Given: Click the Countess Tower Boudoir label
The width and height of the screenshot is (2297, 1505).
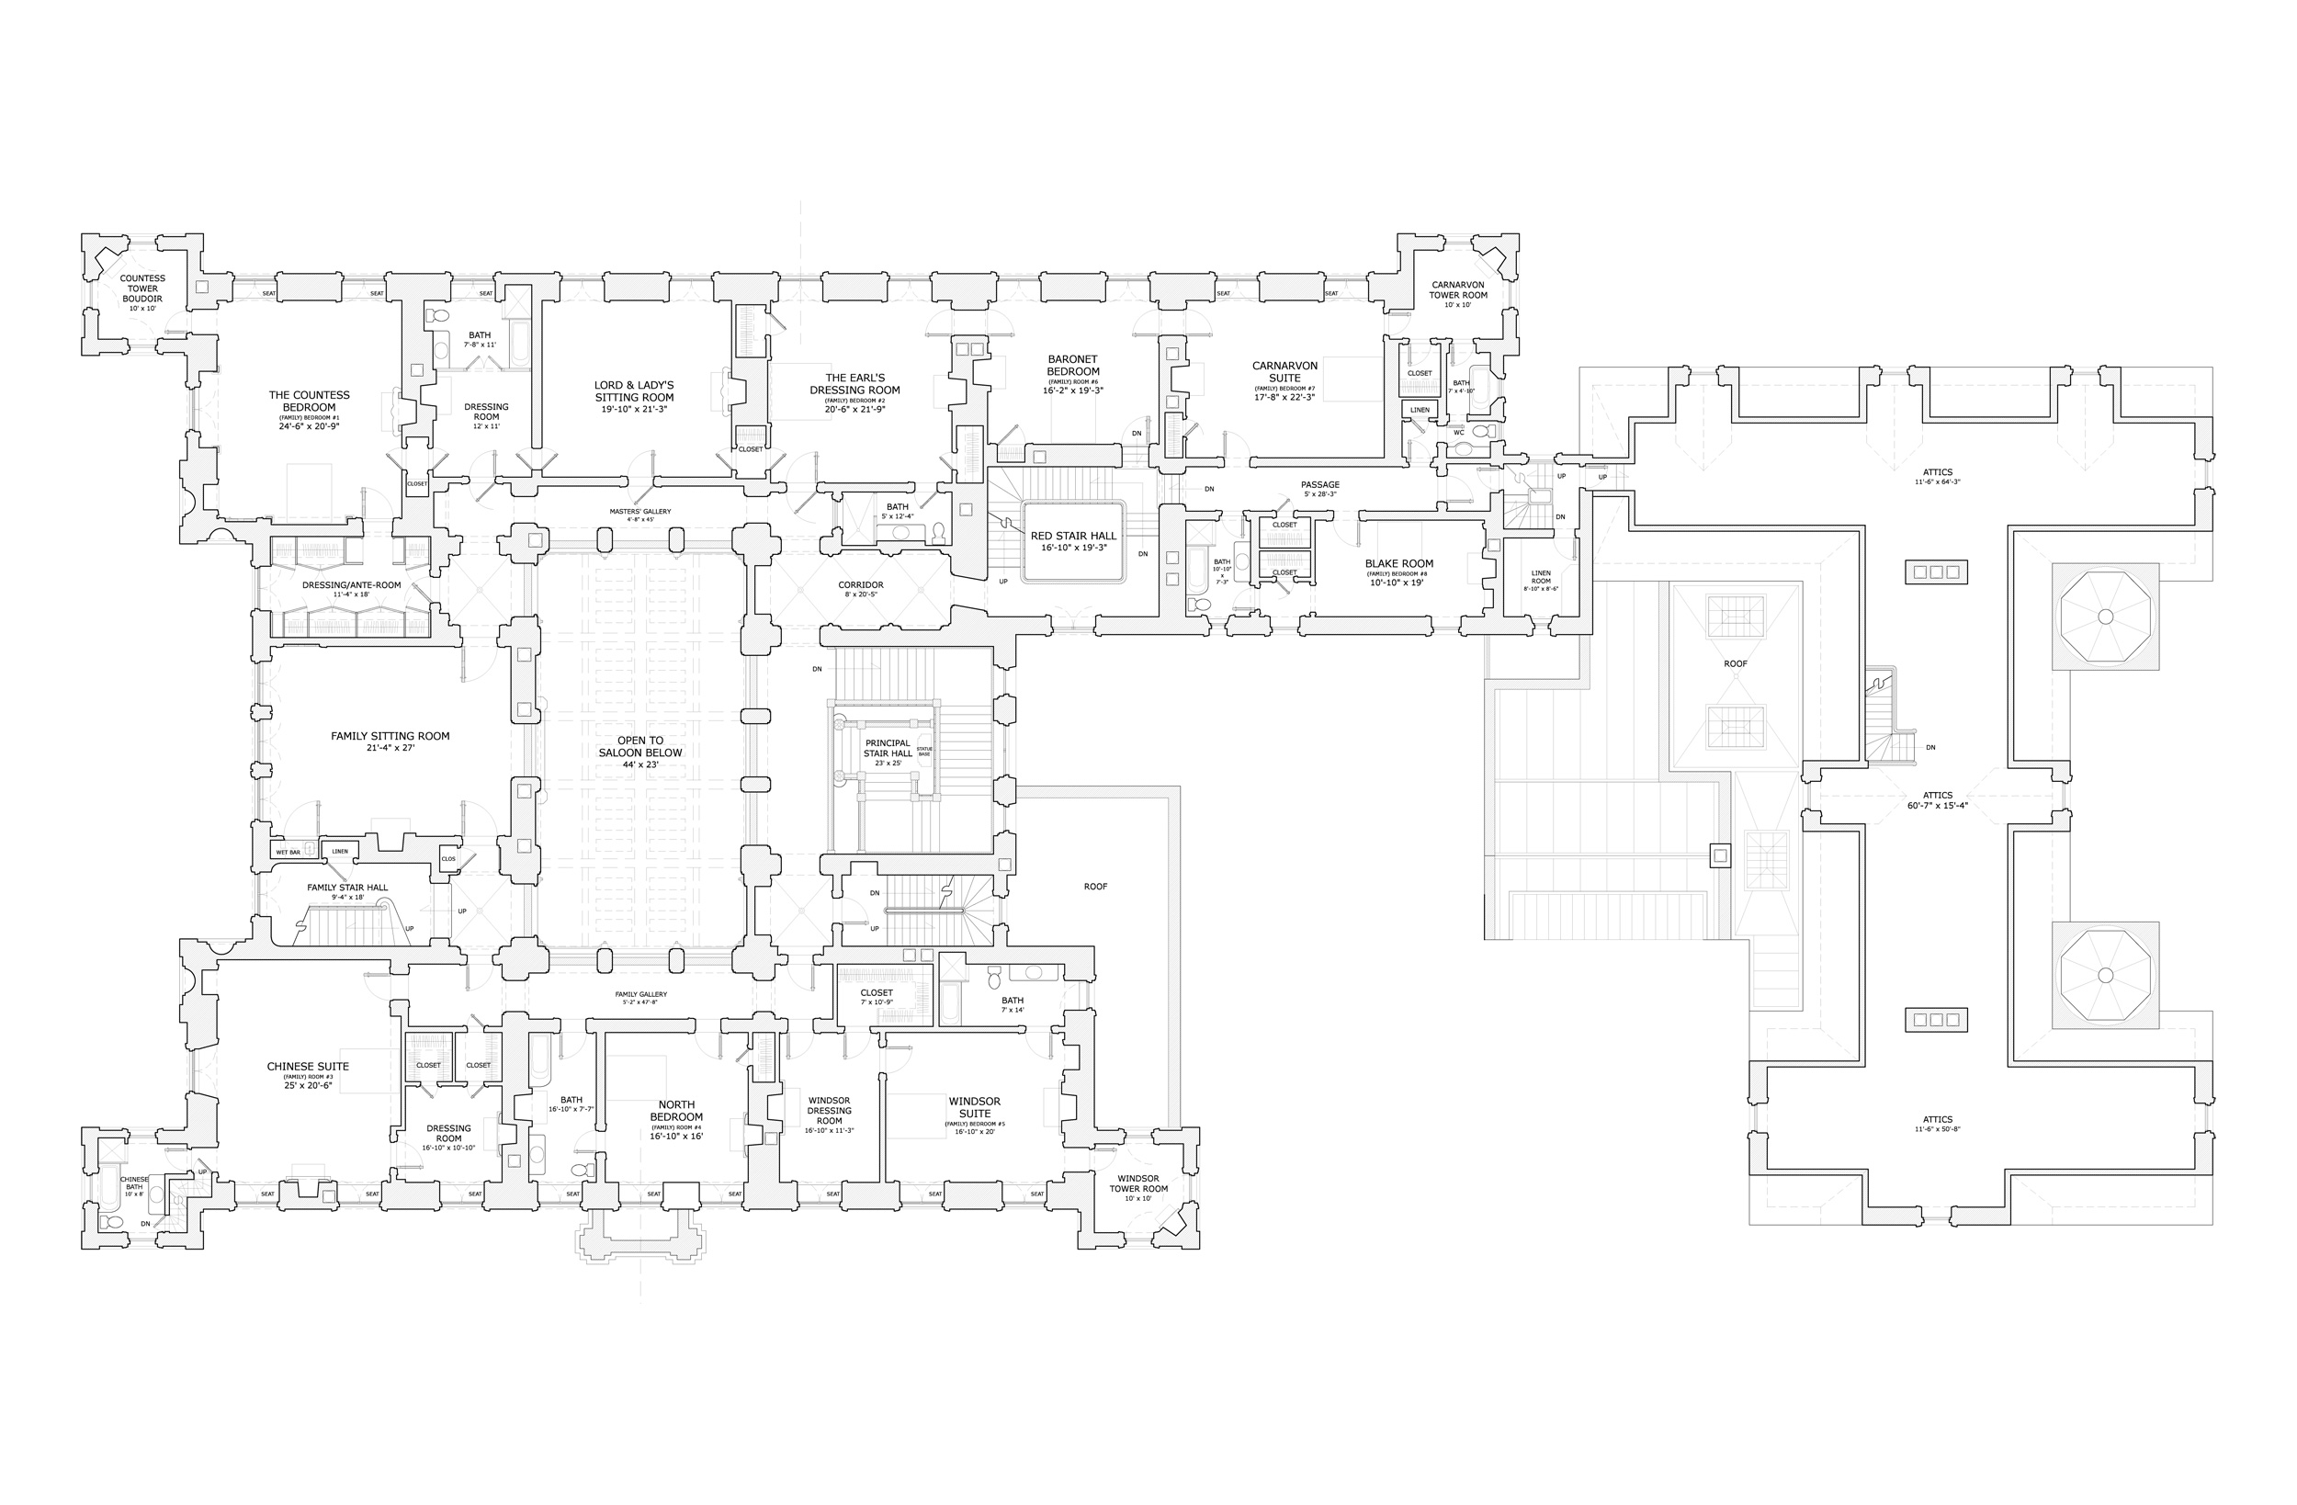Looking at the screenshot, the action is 141,289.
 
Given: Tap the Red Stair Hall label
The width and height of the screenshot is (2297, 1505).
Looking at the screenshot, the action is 1073,536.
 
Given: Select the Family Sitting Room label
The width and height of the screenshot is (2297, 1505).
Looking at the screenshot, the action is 390,736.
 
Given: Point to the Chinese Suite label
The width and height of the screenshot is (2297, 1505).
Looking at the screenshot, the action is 308,1067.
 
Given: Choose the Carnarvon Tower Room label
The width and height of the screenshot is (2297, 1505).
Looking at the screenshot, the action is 1458,289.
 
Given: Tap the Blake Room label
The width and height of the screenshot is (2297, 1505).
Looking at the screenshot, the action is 1398,564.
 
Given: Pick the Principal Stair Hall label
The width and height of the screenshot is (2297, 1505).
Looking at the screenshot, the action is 887,748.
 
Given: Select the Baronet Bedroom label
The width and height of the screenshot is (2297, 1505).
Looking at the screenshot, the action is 1073,365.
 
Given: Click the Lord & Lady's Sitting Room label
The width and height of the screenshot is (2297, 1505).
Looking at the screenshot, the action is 634,391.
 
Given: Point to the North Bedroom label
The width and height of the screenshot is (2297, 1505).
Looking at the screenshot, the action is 675,1110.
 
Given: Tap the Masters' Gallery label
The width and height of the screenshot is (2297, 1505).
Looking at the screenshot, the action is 639,512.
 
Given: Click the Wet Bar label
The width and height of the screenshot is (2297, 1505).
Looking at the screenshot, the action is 288,853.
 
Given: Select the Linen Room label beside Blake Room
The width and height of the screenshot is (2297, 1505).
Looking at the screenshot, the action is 1540,577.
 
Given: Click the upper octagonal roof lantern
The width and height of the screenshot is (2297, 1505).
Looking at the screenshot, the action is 2105,617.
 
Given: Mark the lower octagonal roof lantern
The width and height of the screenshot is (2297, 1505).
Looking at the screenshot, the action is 2105,975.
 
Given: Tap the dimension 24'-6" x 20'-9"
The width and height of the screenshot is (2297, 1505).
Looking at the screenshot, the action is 309,425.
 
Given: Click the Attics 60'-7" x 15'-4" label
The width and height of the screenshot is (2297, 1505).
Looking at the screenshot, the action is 1937,800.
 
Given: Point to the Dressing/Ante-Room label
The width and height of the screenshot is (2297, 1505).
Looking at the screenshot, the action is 351,585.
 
